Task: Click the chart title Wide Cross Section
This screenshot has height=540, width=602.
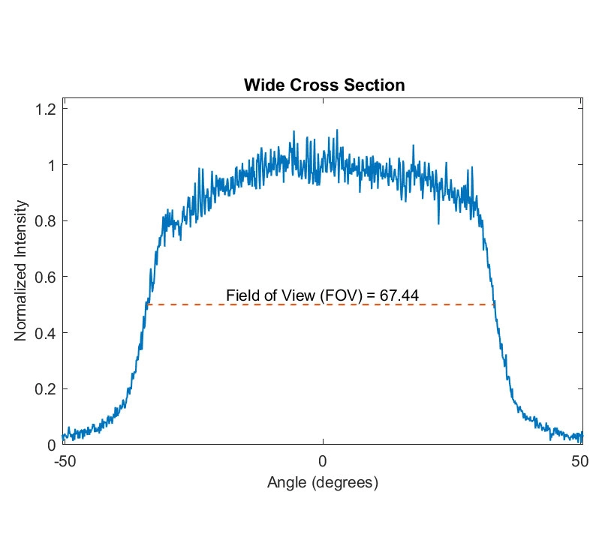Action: [x=324, y=85]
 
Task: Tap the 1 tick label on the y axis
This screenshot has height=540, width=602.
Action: [x=52, y=165]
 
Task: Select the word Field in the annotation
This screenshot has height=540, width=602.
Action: [x=241, y=295]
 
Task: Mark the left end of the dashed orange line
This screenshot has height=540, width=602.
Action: [x=148, y=304]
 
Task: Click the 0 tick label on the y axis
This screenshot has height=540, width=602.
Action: [x=52, y=445]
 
